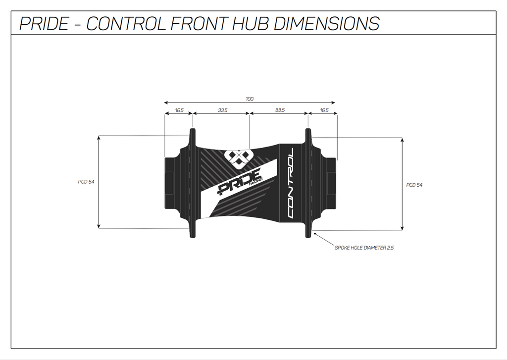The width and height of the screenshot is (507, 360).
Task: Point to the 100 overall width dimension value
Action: click(x=250, y=99)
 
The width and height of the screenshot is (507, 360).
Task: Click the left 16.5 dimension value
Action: click(x=179, y=110)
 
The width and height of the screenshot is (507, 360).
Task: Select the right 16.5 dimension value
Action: click(x=324, y=110)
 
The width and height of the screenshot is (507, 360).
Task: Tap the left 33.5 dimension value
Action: click(x=222, y=110)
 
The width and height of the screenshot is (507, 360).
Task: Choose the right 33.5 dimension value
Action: click(x=280, y=110)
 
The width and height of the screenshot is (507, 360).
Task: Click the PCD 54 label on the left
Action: click(x=86, y=182)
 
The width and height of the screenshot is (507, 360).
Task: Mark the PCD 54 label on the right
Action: click(x=414, y=185)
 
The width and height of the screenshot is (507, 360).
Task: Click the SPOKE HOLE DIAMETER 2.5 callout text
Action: click(x=364, y=248)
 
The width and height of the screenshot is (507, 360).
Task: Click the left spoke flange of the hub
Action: click(x=192, y=183)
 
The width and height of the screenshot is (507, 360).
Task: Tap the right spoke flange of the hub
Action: click(x=308, y=183)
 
